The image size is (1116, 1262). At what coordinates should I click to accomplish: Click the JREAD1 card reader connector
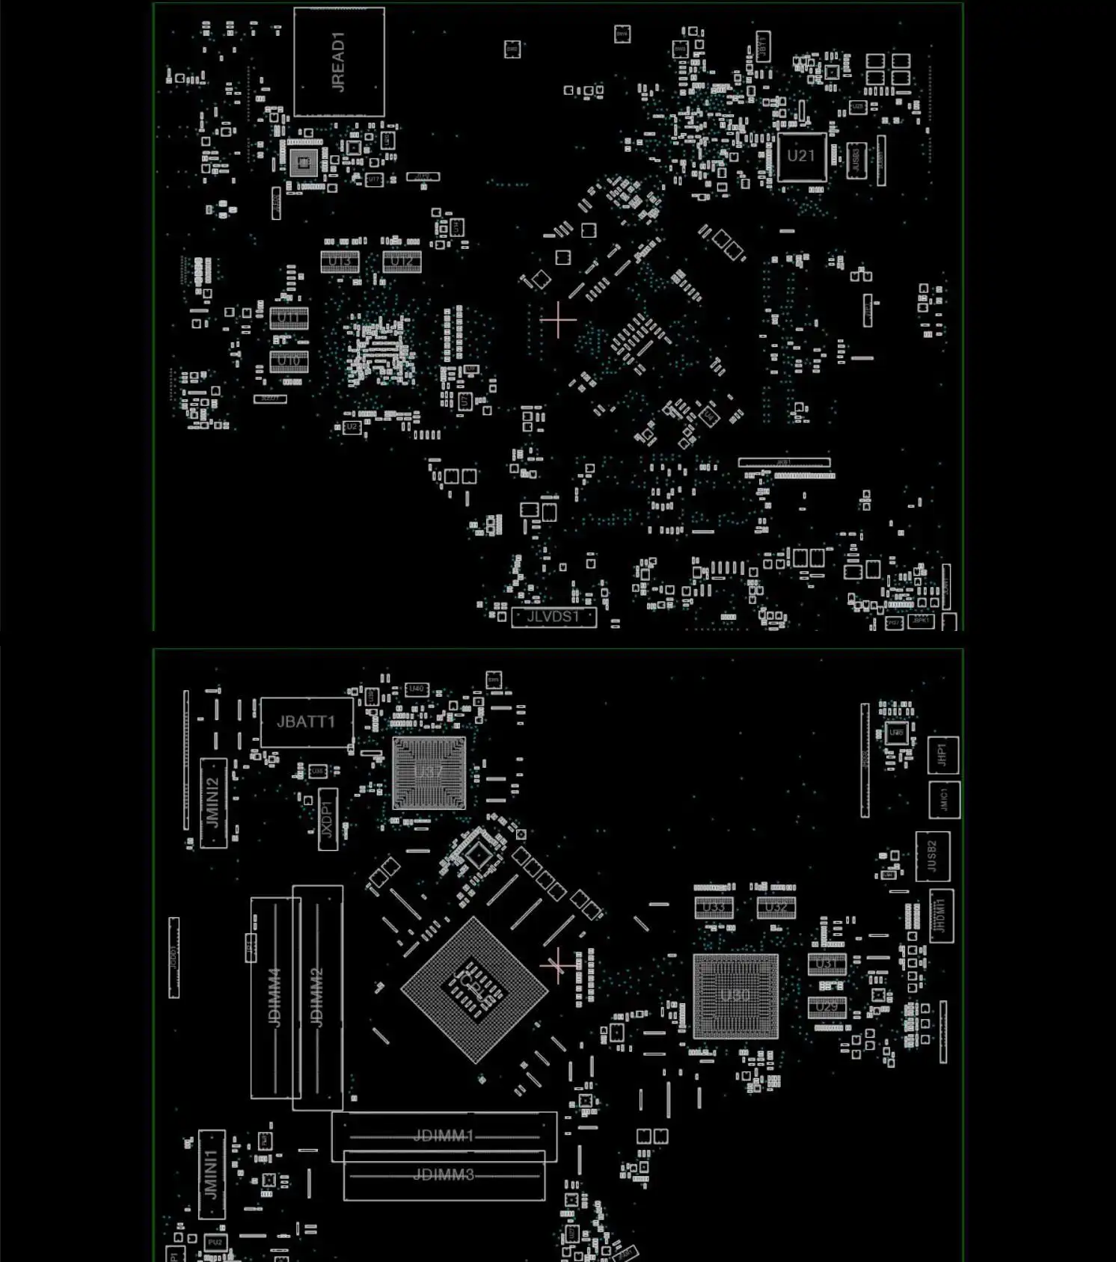339,62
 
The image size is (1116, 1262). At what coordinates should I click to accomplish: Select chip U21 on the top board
801,156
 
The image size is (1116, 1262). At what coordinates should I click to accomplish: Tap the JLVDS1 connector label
554,617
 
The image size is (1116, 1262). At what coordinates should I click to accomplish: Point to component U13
340,262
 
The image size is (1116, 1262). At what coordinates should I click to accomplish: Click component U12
402,262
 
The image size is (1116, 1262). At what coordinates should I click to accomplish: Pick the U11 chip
289,318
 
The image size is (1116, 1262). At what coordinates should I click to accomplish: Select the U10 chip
289,361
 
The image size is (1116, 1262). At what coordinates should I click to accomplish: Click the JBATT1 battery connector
306,721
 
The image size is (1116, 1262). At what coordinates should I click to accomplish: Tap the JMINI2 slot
213,802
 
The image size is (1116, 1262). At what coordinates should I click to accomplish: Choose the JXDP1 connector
328,819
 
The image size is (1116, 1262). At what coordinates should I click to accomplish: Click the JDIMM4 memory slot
275,997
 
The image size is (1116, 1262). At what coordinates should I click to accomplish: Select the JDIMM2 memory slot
317,997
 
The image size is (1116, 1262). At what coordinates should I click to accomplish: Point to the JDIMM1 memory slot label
444,1136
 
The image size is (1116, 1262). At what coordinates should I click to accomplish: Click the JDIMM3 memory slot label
444,1175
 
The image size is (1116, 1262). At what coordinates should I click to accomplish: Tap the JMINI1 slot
212,1175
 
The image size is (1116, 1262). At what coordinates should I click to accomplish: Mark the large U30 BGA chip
735,996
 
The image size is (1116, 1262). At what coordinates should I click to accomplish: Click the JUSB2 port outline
933,856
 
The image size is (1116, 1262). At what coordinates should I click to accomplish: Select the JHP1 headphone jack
942,755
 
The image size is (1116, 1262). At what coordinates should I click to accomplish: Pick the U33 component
714,908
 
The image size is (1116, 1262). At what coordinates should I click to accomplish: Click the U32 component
776,908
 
